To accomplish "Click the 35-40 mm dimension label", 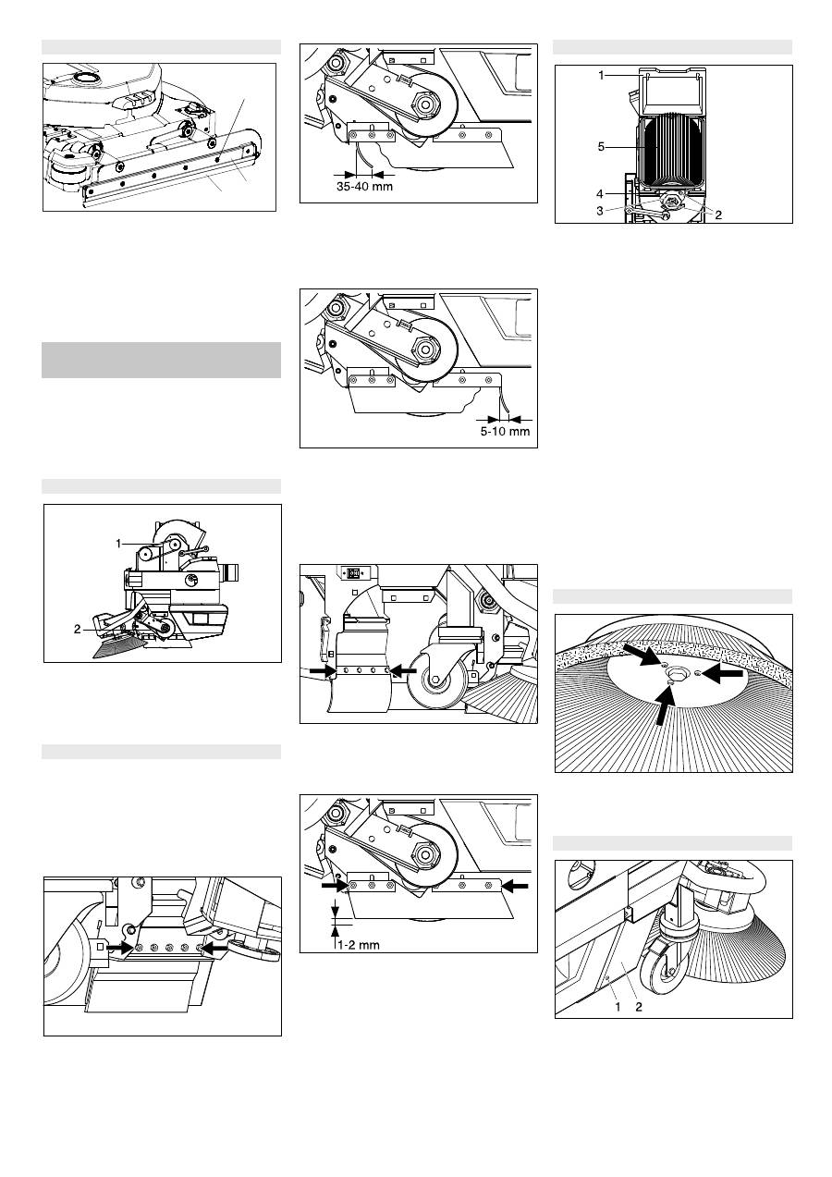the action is point(364,187).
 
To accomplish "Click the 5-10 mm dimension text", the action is point(505,432).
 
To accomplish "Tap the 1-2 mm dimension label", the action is point(359,945).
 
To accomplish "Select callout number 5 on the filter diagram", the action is point(601,147).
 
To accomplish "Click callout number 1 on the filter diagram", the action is point(602,75).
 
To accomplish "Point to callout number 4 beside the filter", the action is point(600,194).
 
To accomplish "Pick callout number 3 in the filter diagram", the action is point(600,211).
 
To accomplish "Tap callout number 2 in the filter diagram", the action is point(718,215).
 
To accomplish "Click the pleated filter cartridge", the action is point(672,150).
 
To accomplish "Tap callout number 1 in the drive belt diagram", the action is point(118,544).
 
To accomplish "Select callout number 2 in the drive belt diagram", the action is point(78,629).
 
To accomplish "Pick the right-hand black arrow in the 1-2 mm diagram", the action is point(515,886).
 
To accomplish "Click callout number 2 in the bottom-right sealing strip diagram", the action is point(639,1007).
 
